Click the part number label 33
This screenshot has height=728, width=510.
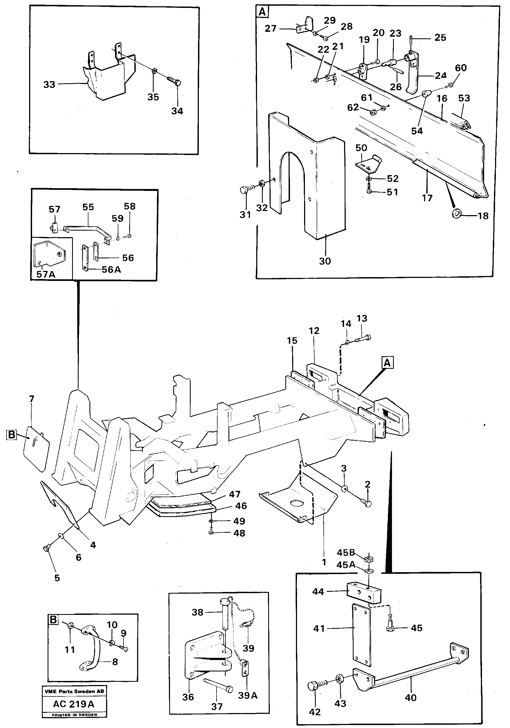(x=49, y=85)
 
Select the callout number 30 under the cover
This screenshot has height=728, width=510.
(x=325, y=261)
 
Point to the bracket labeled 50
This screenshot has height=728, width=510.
(x=368, y=164)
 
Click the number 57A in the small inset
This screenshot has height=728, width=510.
(x=46, y=274)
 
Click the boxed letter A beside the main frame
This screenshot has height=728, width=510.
(x=387, y=363)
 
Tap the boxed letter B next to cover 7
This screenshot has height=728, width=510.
(x=11, y=434)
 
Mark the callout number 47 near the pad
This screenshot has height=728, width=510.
(x=235, y=494)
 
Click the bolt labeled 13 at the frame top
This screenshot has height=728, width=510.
(x=362, y=338)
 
